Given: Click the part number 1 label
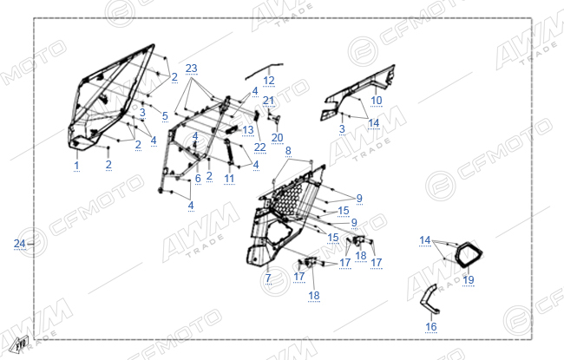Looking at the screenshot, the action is pos(76,166).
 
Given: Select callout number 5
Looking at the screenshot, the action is pos(165,115).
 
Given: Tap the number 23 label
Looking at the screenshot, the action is pos(192,69).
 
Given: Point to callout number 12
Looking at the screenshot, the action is pos(269,81).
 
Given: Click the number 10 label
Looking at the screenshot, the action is pos(377,101).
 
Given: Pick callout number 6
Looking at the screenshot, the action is pos(198,178).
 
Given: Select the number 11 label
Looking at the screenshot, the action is pos(229,179).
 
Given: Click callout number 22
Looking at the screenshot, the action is pos(259,147).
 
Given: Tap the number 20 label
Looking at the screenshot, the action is pos(278,137).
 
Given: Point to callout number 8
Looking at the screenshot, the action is pos(288,151).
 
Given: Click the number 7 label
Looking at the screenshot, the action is pos(268,278).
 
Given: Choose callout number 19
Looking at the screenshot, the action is pos(469,280).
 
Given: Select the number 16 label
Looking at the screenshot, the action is pos(431,326).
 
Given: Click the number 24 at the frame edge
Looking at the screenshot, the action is pos(19,244).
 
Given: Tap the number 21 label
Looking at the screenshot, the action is pos(269,101).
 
